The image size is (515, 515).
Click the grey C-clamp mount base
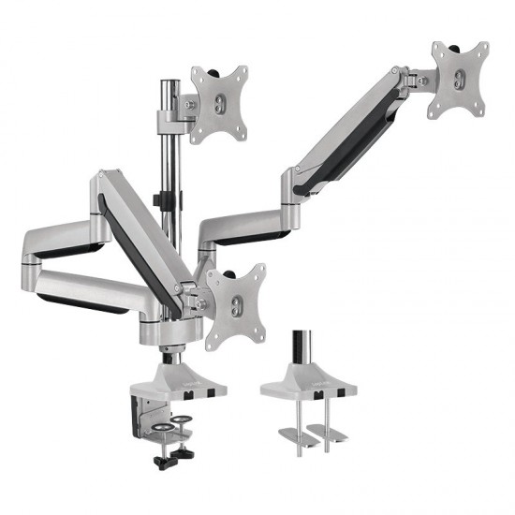pyautogui.click(x=184, y=378)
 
